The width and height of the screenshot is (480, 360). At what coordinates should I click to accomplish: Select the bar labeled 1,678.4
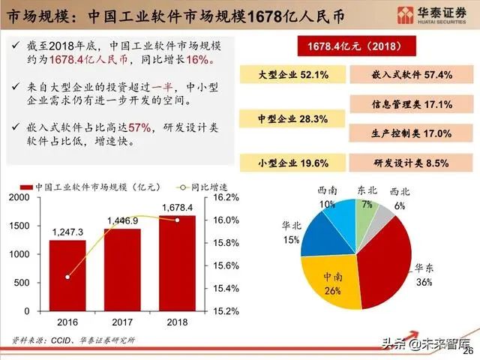point(177,262)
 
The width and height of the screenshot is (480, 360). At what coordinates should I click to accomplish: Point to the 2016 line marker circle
point(68,277)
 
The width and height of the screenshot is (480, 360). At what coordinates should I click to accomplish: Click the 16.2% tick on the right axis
point(226,197)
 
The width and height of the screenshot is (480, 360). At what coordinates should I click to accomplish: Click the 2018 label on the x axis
point(177,322)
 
